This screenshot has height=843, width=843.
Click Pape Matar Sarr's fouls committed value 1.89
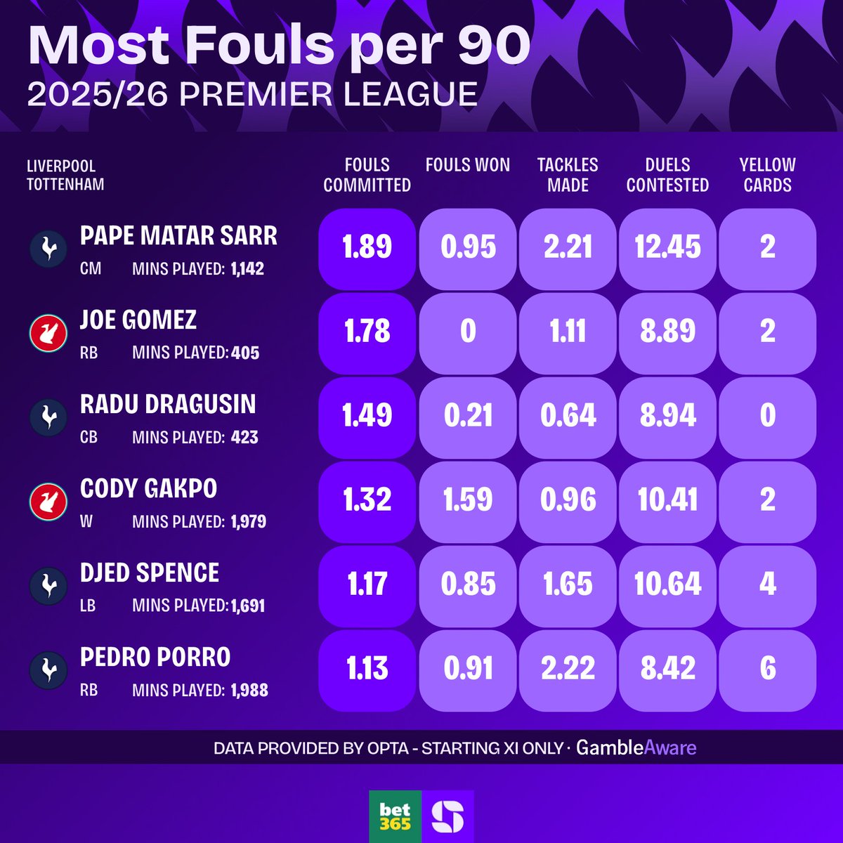367,247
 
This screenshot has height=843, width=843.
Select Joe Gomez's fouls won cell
468,332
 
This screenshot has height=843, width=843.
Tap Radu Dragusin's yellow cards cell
767,416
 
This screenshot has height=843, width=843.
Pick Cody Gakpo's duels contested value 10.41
667,500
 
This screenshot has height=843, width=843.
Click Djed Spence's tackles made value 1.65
568,584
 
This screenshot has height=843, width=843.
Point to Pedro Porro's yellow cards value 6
767,669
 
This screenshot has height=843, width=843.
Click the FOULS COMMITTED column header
367,175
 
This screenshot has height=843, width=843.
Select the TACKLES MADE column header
568,175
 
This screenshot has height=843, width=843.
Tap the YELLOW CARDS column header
767,175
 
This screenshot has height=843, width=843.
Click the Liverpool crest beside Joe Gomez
48,333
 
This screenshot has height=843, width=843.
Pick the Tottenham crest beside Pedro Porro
48,670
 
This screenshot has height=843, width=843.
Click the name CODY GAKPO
148,489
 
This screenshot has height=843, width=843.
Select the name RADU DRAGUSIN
168,405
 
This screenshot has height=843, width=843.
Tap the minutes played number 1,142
247,268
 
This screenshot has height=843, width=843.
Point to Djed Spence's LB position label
88,606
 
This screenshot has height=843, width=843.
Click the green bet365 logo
395,816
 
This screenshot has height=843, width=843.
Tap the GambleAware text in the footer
636,747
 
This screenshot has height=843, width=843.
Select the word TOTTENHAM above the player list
65,185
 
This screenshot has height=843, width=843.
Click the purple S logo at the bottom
447,816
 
